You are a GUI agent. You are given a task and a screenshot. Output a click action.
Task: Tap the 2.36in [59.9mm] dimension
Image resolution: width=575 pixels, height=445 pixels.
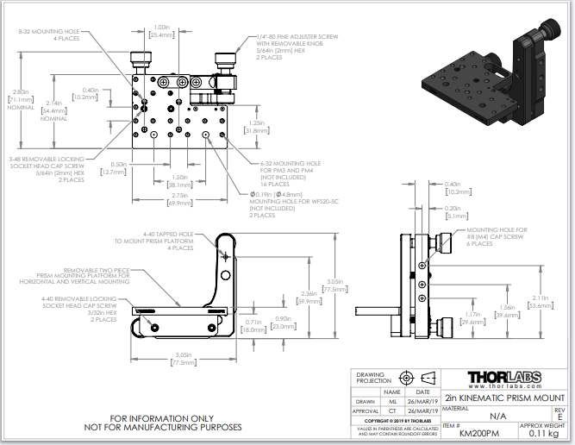tap(300, 298)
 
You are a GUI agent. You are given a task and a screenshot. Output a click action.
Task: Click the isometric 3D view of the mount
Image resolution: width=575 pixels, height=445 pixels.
tap(483, 77)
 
